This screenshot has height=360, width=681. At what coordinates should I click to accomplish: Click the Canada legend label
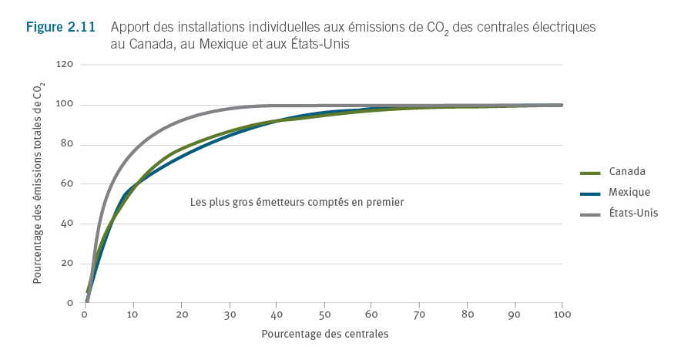pyautogui.click(x=626, y=171)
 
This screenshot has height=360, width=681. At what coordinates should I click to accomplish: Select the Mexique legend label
pyautogui.click(x=629, y=192)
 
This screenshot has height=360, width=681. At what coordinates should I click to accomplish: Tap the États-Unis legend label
pyautogui.click(x=633, y=213)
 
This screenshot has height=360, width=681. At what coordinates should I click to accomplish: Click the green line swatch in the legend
pyautogui.click(x=590, y=172)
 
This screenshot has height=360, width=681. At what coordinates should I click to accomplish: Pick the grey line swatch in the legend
pyautogui.click(x=590, y=214)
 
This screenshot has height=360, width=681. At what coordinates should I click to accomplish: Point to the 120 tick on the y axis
pyautogui.click(x=65, y=65)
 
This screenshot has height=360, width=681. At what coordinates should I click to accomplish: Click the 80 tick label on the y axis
pyautogui.click(x=67, y=145)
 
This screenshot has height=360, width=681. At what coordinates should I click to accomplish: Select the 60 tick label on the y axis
pyautogui.click(x=67, y=184)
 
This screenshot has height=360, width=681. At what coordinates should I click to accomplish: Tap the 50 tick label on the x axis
pyautogui.click(x=324, y=316)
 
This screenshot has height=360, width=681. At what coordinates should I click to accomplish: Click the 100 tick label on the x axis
pyautogui.click(x=562, y=316)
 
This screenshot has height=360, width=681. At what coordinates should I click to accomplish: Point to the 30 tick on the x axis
pyautogui.click(x=228, y=316)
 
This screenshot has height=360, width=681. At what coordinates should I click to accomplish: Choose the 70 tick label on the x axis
pyautogui.click(x=419, y=316)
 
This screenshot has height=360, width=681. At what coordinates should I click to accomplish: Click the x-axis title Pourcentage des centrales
pyautogui.click(x=324, y=335)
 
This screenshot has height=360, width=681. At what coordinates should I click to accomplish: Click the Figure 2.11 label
pyautogui.click(x=61, y=27)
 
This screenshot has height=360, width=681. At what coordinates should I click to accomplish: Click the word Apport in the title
pyautogui.click(x=131, y=27)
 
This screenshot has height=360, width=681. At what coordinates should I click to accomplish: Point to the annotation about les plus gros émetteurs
pyautogui.click(x=297, y=202)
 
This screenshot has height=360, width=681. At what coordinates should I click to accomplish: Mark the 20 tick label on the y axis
pyautogui.click(x=67, y=264)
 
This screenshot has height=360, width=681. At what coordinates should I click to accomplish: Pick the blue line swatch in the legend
pyautogui.click(x=590, y=193)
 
